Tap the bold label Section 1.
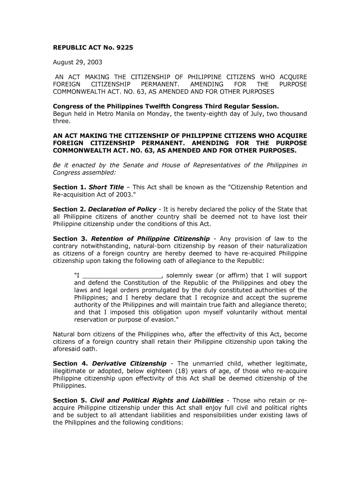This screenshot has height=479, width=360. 69,187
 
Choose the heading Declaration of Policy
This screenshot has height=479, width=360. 122,209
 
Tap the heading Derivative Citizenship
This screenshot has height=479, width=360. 130,363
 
